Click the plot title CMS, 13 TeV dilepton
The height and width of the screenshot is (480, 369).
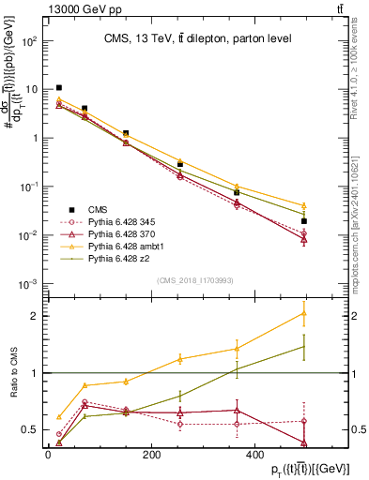(x=197, y=38)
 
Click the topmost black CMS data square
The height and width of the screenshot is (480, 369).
(x=59, y=88)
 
